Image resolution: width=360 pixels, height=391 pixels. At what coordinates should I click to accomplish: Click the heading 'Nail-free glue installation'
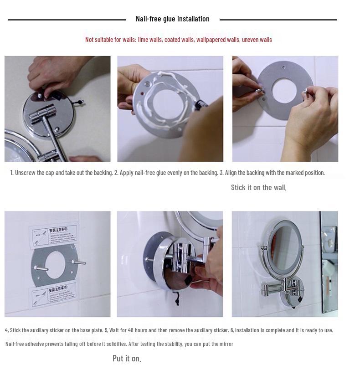click(172, 19)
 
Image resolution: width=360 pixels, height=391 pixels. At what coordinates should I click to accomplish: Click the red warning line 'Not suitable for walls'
click(178, 40)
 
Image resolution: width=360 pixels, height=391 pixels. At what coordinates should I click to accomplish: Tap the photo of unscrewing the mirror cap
click(57, 109)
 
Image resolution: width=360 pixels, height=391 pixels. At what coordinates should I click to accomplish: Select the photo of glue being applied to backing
click(170, 109)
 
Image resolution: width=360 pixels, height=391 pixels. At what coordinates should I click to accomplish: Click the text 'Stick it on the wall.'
click(258, 187)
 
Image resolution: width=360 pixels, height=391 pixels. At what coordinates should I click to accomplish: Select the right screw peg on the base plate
click(78, 262)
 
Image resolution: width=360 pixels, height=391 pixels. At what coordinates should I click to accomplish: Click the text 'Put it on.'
click(127, 358)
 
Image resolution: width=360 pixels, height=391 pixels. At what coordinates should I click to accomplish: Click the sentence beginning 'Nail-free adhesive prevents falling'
click(119, 344)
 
